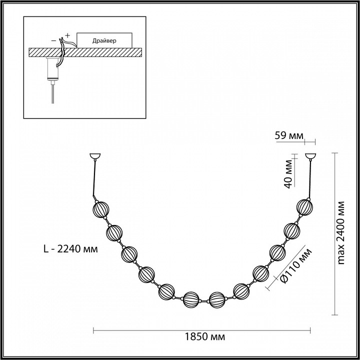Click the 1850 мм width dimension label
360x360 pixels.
tap(205, 337)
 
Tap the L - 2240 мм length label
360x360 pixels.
tap(70, 249)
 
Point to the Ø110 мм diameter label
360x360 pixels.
tap(296, 265)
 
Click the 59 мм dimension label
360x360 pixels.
tap(289, 135)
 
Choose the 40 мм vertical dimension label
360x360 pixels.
tap(288, 173)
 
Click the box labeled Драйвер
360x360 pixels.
tap(104, 40)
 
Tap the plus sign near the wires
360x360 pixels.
tap(67, 35)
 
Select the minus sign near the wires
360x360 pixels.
tap(53, 41)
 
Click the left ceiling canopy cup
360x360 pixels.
tap(95, 156)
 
